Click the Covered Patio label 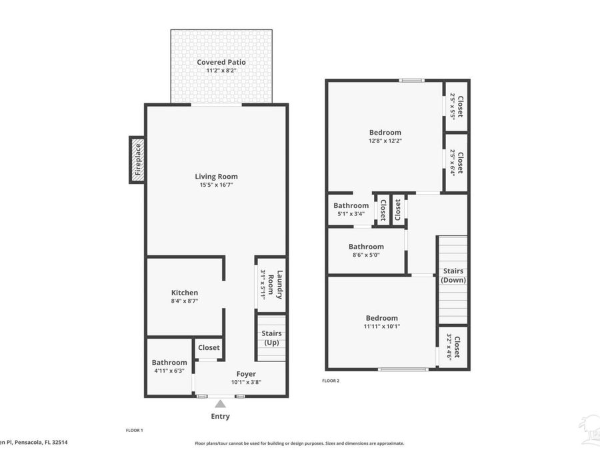coord(221,62)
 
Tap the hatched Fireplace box coord(137,159)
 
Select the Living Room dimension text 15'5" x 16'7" coord(216,185)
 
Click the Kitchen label coord(185,293)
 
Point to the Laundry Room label coord(276,285)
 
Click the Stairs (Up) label coord(271,338)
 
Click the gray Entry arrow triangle coord(220,403)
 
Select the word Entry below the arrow coord(220,417)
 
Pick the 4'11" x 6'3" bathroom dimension coord(169,371)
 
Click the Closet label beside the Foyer coord(209,347)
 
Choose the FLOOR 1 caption coord(135,431)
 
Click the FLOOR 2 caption coord(331,381)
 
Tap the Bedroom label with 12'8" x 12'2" coord(385,132)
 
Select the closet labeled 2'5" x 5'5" coord(456,106)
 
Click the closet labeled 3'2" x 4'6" coord(453,347)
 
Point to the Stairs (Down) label coord(453,275)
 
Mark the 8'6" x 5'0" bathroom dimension coord(366,255)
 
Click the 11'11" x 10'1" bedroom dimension coord(381,327)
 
